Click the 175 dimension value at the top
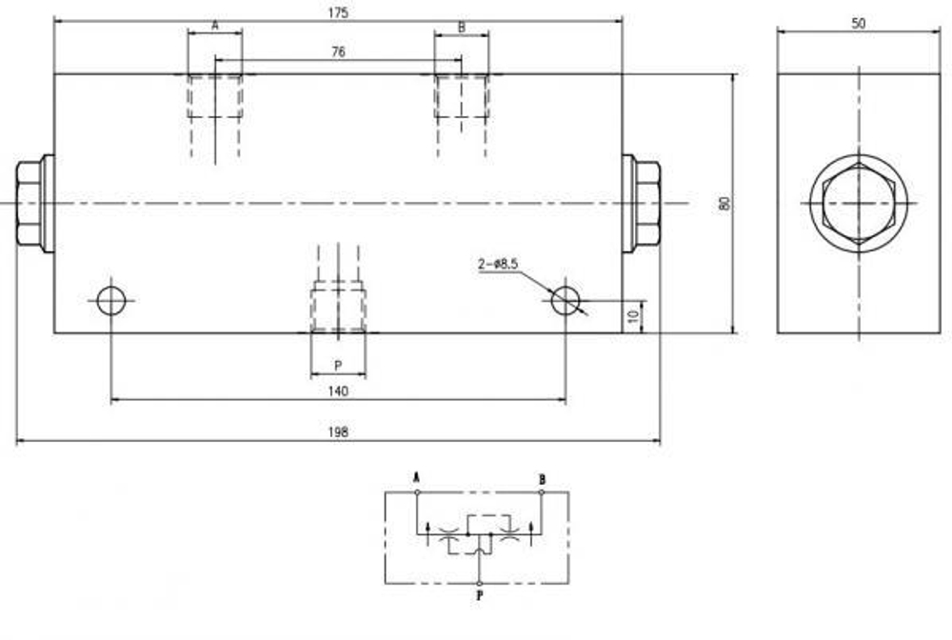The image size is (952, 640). pos(338,12)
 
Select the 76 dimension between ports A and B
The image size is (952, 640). pos(338,53)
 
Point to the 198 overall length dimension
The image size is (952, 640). pos(338,431)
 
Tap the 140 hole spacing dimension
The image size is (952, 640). pos(338,390)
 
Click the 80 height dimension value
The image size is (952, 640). pos(724,203)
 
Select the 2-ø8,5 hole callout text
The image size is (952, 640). pos(498,265)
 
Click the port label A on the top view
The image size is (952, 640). pos(214,27)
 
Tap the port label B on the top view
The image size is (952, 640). pos(462,27)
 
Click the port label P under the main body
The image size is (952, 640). pos(337,365)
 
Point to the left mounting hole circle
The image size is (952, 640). pos(111,301)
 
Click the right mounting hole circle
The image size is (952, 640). pos(565,301)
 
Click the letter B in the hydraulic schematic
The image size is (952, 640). pos(542,478)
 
